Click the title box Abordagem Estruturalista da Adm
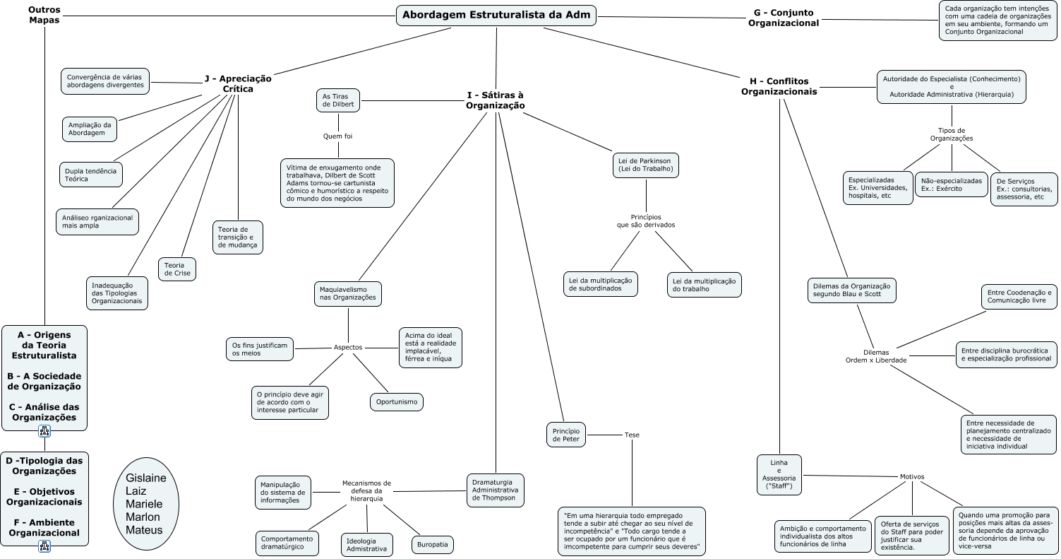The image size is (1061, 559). click(496, 15)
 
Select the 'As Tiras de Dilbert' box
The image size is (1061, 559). click(338, 100)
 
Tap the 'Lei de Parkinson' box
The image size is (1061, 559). click(646, 165)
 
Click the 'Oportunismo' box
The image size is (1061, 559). click(397, 402)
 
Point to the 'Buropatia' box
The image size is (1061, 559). click(433, 545)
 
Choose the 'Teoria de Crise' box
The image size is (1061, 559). click(177, 269)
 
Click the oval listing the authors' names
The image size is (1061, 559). click(146, 504)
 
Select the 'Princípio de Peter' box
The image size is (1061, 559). click(566, 435)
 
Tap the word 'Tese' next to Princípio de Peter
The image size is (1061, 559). click(632, 435)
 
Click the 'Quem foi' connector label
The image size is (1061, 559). click(337, 136)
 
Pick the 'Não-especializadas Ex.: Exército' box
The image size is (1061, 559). click(952, 184)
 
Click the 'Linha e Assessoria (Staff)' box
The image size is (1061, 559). click(779, 475)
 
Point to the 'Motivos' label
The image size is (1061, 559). click(912, 476)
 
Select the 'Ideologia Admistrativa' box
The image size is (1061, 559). click(366, 545)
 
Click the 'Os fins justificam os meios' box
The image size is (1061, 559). click(260, 349)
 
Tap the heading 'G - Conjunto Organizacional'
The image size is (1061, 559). click(784, 18)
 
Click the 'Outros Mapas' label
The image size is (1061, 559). click(44, 15)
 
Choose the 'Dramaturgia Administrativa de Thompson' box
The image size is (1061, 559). click(496, 490)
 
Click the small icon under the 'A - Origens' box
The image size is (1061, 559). click(44, 431)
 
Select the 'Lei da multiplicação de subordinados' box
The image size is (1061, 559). click(601, 284)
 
